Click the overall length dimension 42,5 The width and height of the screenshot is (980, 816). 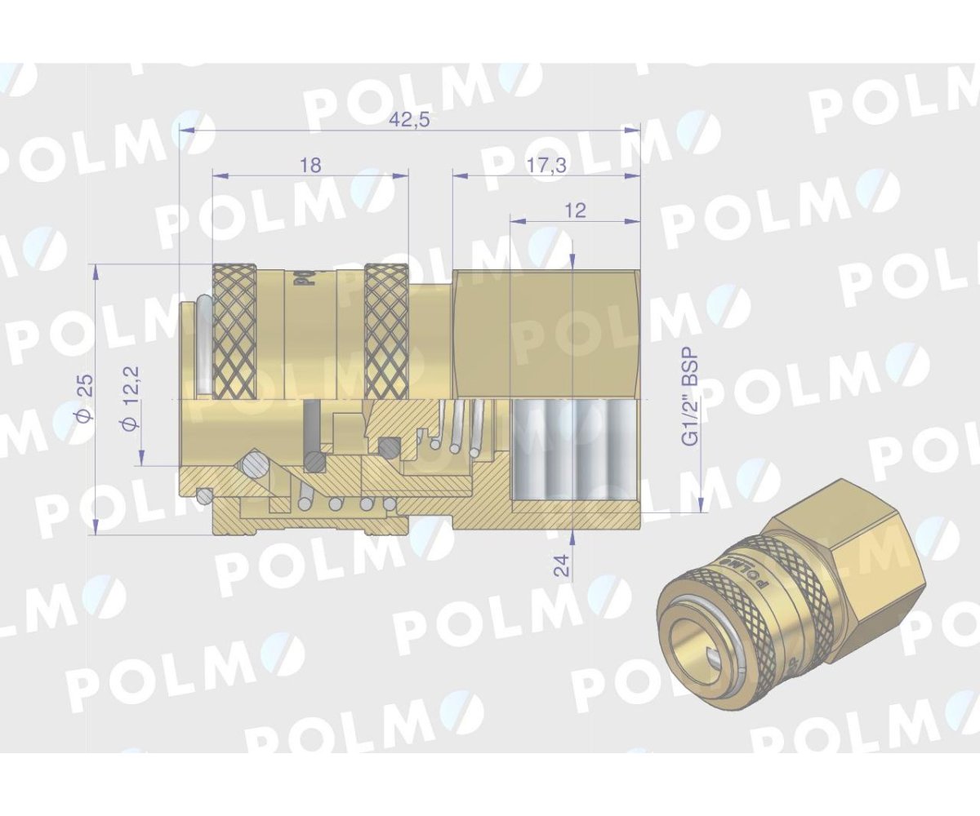(x=410, y=120)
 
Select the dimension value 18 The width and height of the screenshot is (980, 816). (x=310, y=165)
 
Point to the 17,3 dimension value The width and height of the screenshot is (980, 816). (x=546, y=166)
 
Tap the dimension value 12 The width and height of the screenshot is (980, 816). (x=575, y=211)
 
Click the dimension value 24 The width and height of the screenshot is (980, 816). (x=563, y=565)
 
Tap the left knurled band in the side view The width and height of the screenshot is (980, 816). (x=235, y=331)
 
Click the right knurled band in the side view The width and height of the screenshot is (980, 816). (x=386, y=331)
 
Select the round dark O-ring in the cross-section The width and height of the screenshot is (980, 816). (x=388, y=447)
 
